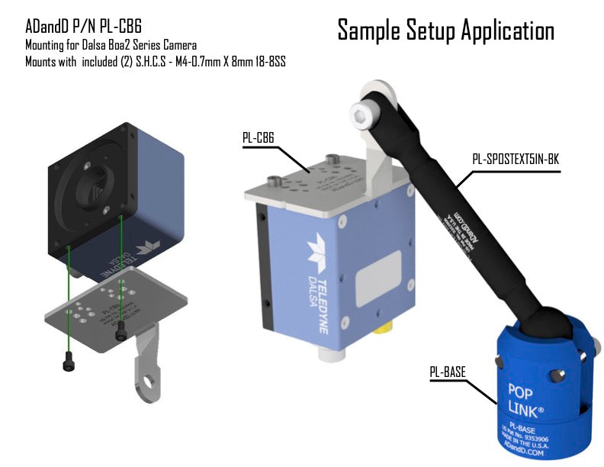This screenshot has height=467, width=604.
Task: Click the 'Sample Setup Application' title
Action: pyautogui.click(x=445, y=31)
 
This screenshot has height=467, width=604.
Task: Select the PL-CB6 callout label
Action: pyautogui.click(x=259, y=138)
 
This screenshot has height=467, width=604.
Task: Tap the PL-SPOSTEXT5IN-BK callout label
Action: pyautogui.click(x=516, y=160)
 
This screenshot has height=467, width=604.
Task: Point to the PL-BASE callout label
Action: pyautogui.click(x=448, y=372)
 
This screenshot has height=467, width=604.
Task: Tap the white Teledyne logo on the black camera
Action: pyautogui.click(x=145, y=247)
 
